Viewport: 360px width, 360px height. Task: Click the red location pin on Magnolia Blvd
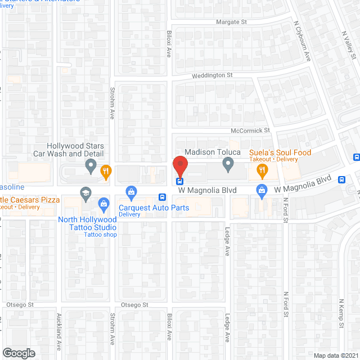point(179,166)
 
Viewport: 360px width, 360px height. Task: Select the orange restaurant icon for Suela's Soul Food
point(262,170)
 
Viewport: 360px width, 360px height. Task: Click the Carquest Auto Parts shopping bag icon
point(132,192)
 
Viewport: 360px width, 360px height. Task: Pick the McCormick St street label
point(250,130)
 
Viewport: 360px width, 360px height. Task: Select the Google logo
point(19,353)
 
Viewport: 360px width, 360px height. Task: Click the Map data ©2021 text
point(335,355)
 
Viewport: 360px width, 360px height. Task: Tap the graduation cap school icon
point(85,192)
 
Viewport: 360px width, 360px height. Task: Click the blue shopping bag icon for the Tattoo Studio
point(103,203)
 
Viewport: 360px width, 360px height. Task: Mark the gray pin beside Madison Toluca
point(228,164)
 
